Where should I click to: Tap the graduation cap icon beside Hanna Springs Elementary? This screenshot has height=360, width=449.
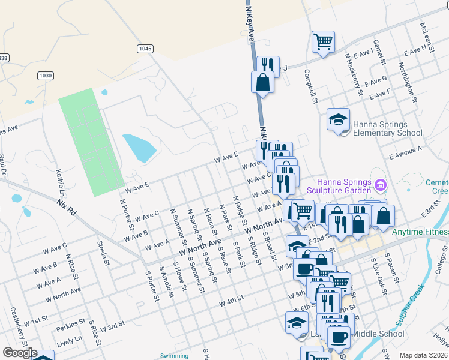338,119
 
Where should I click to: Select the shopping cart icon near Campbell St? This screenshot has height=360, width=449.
323,41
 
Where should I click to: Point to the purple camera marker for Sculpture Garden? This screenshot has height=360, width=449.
379,184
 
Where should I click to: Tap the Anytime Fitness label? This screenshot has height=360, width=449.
420,232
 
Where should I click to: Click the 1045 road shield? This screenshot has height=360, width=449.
145,49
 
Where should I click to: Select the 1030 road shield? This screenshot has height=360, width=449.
45,76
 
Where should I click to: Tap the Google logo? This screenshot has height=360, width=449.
20,353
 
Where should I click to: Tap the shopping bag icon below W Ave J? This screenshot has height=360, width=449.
264,83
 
